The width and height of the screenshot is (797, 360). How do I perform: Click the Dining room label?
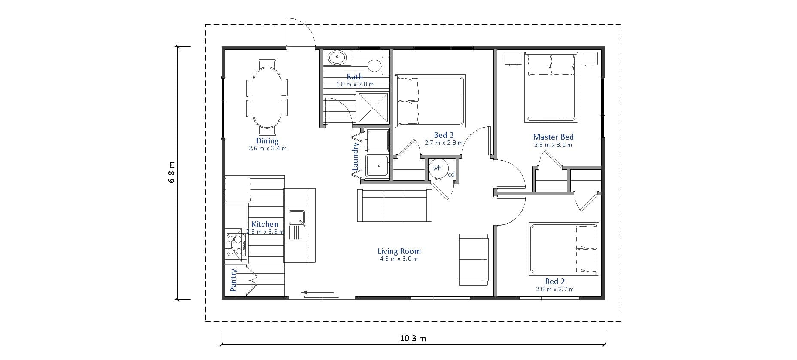click(267, 141)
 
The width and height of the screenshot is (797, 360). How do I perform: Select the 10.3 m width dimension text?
click(413, 338)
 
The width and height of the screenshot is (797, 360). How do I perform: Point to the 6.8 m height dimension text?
click(172, 172)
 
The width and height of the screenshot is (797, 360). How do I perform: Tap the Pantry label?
click(234, 280)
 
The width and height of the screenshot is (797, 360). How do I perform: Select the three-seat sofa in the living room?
click(395, 206)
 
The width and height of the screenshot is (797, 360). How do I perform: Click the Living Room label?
click(399, 251)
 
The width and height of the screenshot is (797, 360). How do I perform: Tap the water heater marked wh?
click(438, 168)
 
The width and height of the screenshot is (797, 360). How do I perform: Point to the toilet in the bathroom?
click(375, 66)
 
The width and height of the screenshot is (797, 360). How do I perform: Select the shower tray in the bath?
click(373, 108)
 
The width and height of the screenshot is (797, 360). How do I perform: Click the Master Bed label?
click(553, 137)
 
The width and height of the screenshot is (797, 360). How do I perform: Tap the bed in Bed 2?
click(563, 249)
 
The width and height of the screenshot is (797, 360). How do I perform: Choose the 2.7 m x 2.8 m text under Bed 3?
click(444, 143)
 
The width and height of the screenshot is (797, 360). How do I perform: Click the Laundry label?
click(356, 157)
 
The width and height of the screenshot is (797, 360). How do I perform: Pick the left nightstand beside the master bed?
click(513, 58)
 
